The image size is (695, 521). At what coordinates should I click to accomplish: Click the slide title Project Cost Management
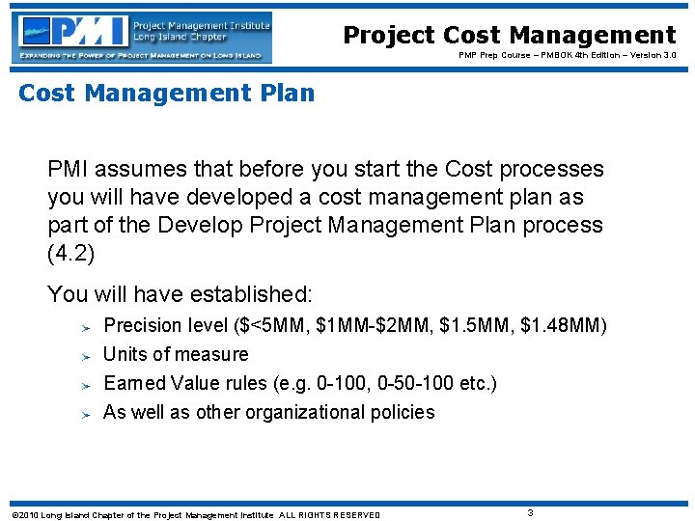tap(510, 36)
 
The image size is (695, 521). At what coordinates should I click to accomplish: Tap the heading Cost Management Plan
tap(167, 94)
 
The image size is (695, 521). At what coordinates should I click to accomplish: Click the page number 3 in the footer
tap(531, 512)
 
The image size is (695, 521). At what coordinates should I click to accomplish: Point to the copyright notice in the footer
tap(192, 514)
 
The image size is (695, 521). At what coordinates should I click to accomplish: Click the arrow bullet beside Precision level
tap(85, 327)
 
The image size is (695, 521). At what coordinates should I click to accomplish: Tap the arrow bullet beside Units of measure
tap(85, 356)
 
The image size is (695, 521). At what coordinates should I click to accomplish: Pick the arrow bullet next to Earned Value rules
tap(85, 385)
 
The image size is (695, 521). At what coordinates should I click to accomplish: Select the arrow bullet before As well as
tap(85, 414)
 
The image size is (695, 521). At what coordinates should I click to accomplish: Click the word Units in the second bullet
tap(124, 354)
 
